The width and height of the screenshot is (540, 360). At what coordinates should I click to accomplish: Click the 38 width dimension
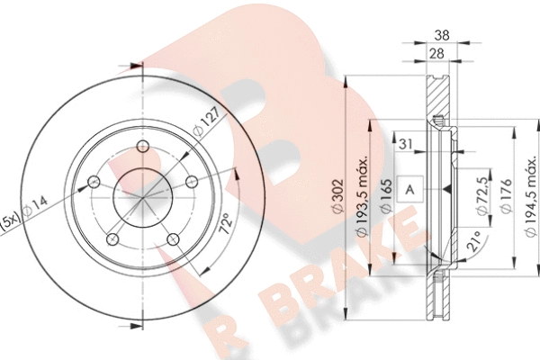[442, 35]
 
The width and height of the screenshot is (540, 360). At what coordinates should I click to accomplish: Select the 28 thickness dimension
[437, 54]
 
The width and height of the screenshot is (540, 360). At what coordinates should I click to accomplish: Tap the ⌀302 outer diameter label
[338, 195]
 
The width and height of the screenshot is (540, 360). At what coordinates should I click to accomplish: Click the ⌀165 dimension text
[386, 195]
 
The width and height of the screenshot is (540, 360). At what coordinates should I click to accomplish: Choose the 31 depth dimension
[406, 144]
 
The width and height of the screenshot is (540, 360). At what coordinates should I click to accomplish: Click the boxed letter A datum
[409, 189]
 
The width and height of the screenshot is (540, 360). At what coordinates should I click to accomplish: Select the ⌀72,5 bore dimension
[482, 195]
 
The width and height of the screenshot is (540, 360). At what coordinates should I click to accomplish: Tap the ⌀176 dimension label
[506, 196]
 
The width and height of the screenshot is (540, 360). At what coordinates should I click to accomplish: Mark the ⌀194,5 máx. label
[531, 197]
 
